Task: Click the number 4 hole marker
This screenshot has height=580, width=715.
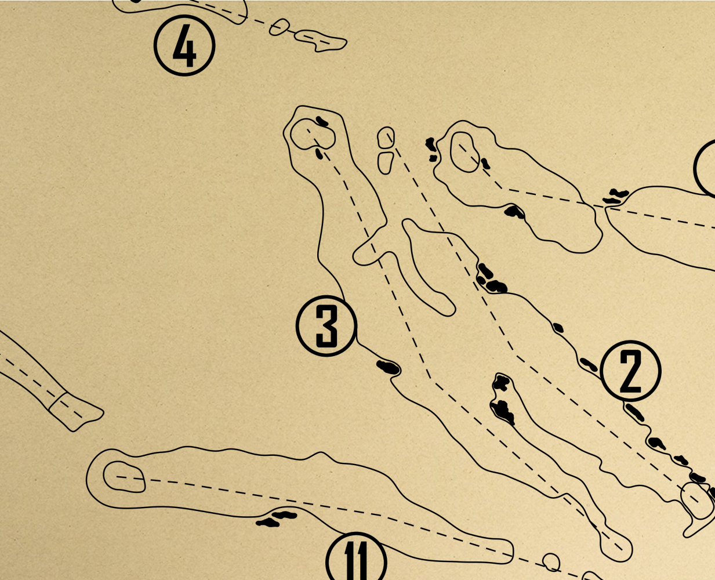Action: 184,45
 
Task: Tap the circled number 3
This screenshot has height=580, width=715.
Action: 326,325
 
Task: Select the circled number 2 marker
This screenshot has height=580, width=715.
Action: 630,371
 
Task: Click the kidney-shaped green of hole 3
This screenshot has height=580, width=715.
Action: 313,134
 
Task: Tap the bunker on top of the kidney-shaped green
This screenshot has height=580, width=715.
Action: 322,121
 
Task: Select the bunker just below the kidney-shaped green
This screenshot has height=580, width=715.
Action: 319,154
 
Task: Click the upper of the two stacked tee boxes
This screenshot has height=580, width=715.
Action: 386,137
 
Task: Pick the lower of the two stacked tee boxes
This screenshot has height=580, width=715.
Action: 386,163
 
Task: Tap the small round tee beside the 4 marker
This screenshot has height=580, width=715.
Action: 280,27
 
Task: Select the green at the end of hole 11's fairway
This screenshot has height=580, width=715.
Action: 124,477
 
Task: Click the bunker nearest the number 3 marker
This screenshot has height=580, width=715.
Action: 389,367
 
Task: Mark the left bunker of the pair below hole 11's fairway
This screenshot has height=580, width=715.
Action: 267,523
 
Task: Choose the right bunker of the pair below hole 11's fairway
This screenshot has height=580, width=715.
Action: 284,515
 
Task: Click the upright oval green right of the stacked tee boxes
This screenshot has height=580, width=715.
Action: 465,152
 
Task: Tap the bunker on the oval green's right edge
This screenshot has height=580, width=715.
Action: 485,164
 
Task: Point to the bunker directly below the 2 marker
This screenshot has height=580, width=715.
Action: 635,413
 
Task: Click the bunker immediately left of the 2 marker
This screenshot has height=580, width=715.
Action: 589,364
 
